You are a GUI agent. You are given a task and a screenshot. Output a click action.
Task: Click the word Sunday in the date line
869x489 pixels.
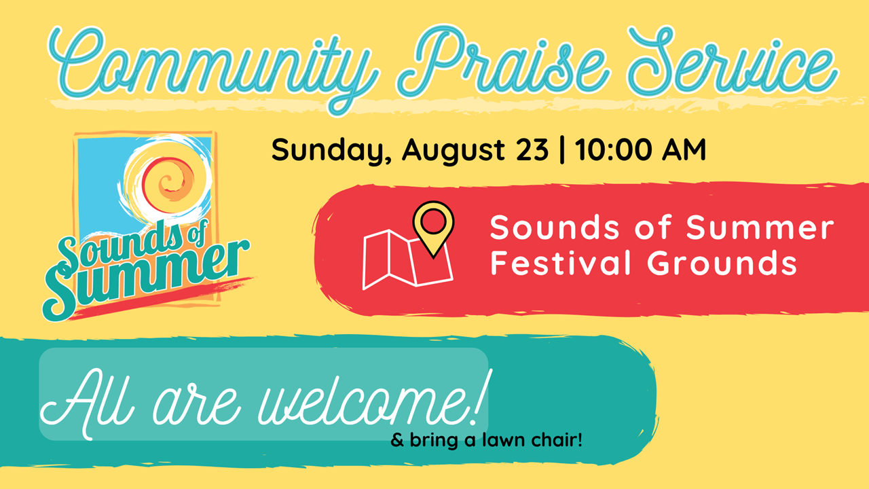coord(331,151)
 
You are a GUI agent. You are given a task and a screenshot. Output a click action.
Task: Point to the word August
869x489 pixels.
coord(454,151)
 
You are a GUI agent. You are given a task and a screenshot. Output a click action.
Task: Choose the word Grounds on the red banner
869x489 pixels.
coord(722,262)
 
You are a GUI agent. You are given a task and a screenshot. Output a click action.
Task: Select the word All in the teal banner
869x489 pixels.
coord(88,403)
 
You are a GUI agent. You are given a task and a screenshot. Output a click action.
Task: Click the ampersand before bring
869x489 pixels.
coord(397,440)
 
